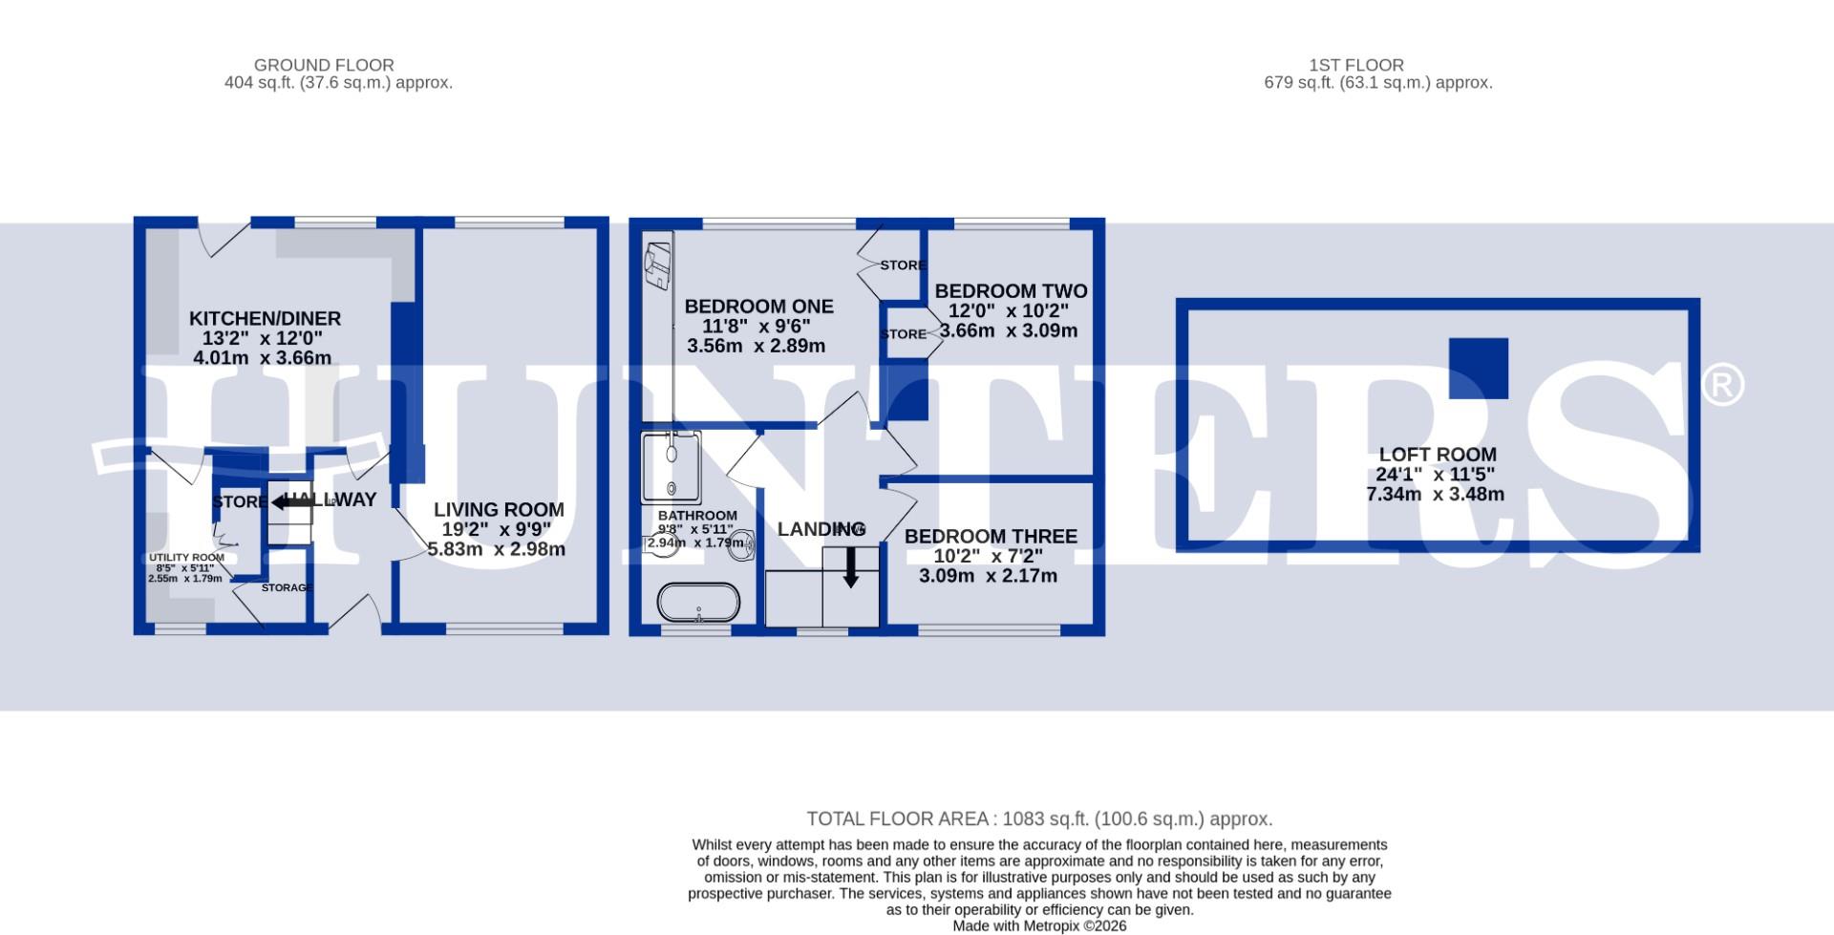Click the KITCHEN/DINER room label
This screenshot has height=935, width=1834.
[265, 319]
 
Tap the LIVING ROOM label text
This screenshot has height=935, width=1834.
[499, 510]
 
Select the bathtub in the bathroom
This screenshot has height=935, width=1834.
[698, 603]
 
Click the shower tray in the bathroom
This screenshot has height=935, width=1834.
[672, 466]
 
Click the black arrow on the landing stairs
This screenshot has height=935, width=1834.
[850, 569]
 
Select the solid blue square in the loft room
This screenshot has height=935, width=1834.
[1478, 368]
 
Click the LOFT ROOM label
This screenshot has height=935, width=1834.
[1437, 455]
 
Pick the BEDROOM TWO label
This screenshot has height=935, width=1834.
[1011, 291]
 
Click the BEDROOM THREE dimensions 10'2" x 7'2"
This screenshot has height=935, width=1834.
[988, 556]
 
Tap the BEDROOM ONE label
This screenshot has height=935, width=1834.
[758, 307]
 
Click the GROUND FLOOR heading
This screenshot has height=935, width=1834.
[324, 65]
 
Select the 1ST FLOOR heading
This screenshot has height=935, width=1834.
[1355, 65]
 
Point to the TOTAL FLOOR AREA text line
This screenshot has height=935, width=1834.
[1039, 819]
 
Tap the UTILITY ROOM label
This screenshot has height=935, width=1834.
[186, 558]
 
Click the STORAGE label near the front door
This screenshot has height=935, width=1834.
[287, 587]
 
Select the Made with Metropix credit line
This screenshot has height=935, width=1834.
[1039, 925]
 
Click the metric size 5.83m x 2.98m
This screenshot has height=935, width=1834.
[496, 550]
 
